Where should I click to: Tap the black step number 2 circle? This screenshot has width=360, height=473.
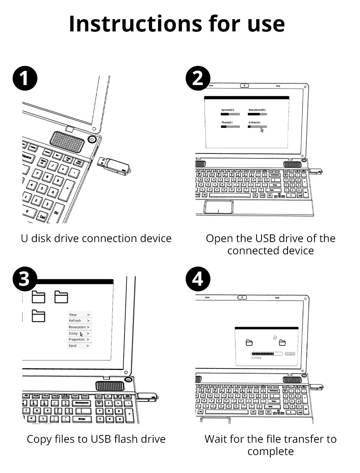[x=198, y=79]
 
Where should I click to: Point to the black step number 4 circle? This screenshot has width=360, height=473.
[x=198, y=279]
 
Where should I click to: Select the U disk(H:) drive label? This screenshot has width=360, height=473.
[x=254, y=122]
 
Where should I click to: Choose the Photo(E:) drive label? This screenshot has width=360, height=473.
[x=227, y=122]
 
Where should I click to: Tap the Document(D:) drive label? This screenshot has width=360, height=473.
[x=257, y=110]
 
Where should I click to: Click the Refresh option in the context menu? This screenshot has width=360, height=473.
[x=75, y=321]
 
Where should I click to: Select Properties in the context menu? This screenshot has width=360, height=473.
[x=76, y=340]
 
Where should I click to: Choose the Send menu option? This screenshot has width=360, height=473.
[x=72, y=346]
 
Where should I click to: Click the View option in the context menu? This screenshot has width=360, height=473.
[x=73, y=315]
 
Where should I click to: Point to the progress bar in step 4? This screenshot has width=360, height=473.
[x=267, y=354]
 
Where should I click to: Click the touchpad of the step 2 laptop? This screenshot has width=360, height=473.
[x=219, y=207]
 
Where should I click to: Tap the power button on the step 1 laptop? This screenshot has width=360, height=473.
[x=92, y=139]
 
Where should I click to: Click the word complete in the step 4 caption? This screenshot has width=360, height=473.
[x=270, y=451]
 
